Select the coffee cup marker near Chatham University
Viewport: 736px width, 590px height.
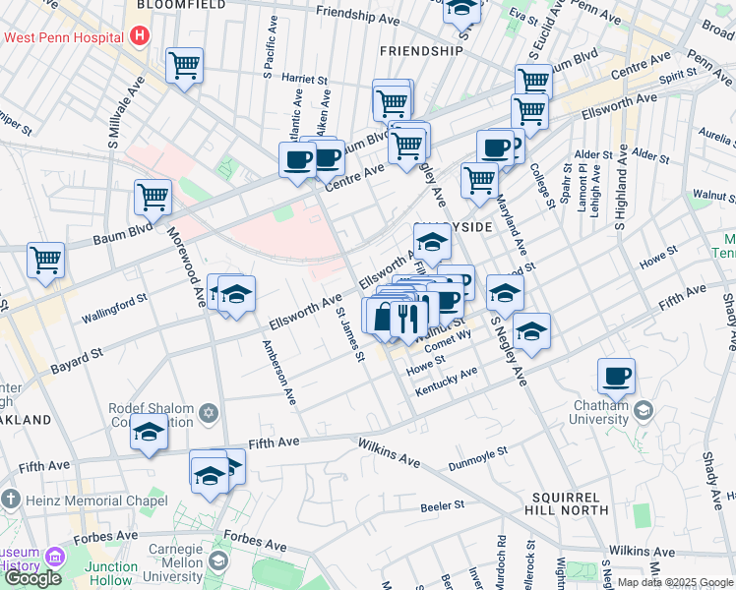[x=616, y=376]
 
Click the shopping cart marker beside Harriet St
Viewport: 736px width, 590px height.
[x=185, y=67]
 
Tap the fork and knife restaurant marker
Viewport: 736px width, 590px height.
[x=408, y=318]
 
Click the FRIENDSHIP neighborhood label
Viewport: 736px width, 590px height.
[x=421, y=50]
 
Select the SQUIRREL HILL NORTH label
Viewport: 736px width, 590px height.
[x=573, y=507]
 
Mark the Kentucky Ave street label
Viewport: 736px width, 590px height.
[x=446, y=382]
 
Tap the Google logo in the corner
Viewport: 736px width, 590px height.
[x=32, y=577]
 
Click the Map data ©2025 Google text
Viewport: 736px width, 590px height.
[x=674, y=582]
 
